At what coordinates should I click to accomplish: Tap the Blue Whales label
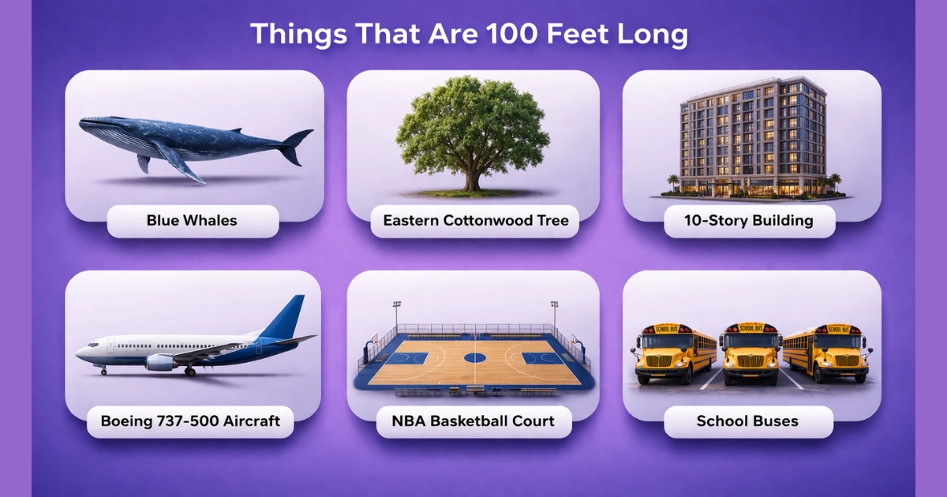(x=192, y=221)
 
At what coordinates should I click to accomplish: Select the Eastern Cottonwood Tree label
(x=475, y=221)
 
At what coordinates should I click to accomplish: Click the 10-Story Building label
(x=749, y=221)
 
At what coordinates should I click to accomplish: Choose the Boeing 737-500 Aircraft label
(x=190, y=421)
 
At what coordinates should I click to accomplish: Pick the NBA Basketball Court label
(x=473, y=421)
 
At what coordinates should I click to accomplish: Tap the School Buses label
(x=747, y=421)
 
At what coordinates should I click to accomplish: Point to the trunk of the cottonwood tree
(x=473, y=177)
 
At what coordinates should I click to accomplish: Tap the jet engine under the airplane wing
(x=160, y=362)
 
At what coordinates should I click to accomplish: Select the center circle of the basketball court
(x=474, y=357)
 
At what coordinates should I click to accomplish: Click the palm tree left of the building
(x=672, y=182)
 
